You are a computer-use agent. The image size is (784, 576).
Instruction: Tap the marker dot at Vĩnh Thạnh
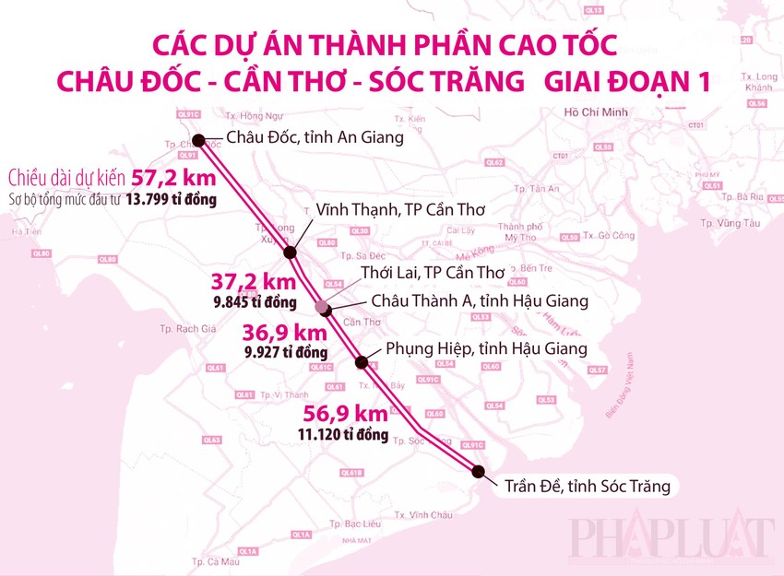coord(291,253)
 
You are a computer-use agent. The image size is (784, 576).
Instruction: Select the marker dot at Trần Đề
coord(478,471)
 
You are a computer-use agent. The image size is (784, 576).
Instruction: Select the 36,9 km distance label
coord(285,333)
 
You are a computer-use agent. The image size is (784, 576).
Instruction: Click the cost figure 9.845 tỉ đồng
coord(254,302)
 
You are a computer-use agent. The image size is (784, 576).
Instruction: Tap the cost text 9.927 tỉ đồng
coord(286,352)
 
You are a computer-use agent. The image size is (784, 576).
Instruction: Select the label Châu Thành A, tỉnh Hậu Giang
coord(480,300)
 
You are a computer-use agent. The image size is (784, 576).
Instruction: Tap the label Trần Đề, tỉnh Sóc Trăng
coord(587,486)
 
